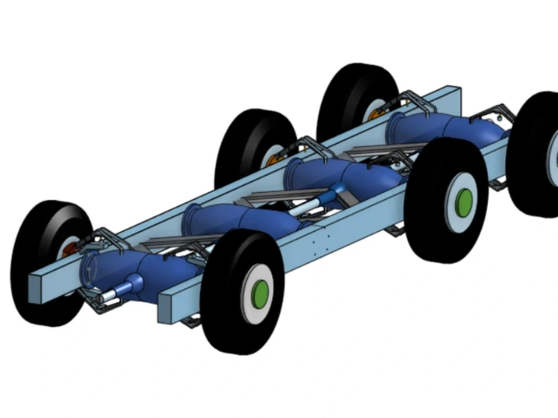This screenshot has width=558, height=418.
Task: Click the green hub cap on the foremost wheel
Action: click(x=259, y=291)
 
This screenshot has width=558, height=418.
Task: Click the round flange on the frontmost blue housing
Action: click(x=90, y=268)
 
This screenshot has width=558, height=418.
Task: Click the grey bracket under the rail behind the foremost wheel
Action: click(x=193, y=321)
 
